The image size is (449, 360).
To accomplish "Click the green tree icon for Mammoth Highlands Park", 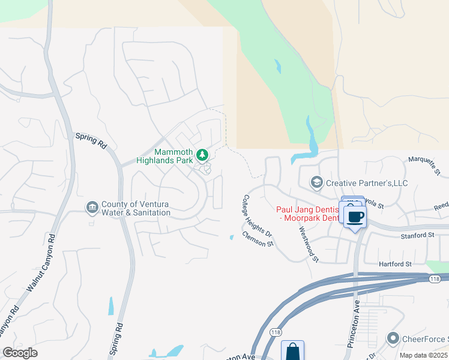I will [203, 155].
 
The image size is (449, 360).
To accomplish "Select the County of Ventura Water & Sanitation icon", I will [92, 208].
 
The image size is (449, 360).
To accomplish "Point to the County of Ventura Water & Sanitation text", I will [136, 208].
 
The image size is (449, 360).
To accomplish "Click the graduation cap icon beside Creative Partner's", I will [316, 182].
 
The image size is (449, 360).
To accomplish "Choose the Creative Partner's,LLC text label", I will [367, 182].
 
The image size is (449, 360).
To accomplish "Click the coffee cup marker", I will [355, 217].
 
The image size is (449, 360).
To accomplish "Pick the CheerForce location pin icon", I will [394, 339].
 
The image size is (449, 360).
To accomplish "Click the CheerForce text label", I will [426, 340].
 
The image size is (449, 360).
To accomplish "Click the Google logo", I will [20, 353].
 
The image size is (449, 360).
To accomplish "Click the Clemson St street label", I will [258, 240].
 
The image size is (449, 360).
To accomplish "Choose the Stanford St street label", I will [417, 236].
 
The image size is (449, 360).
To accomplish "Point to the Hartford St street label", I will [395, 264].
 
